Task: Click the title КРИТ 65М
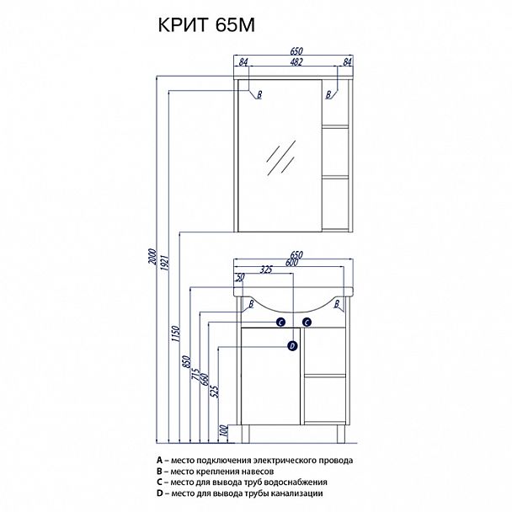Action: pyautogui.click(x=206, y=24)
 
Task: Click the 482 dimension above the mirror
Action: pyautogui.click(x=296, y=61)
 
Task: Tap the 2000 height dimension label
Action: pyautogui.click(x=152, y=256)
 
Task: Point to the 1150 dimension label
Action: pyautogui.click(x=176, y=333)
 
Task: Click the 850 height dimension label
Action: pyautogui.click(x=186, y=362)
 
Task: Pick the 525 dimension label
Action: pyautogui.click(x=216, y=391)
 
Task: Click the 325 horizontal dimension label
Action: pyautogui.click(x=266, y=269)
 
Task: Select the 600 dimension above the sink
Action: pyautogui.click(x=291, y=263)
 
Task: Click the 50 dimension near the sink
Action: pyautogui.click(x=240, y=278)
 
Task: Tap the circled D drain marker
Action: pyautogui.click(x=292, y=346)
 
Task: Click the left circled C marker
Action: pyautogui.click(x=280, y=323)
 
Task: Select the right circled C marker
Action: pyautogui.click(x=307, y=323)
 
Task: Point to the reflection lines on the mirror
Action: pyautogui.click(x=281, y=157)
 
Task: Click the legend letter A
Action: pyautogui.click(x=159, y=460)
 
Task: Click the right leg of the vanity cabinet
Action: pyautogui.click(x=341, y=434)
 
